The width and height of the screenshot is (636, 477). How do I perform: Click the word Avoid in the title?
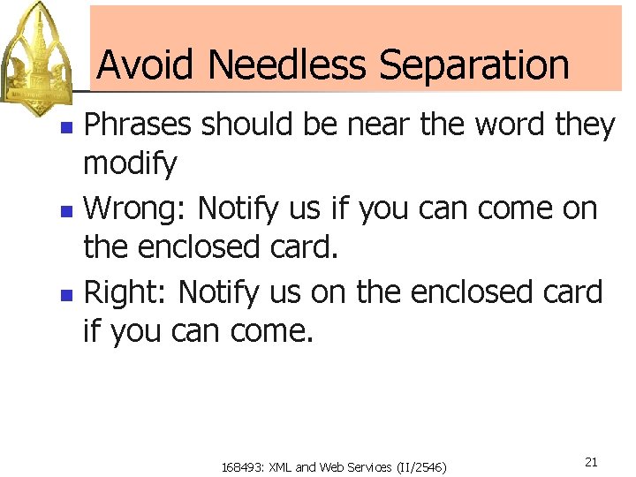coord(147,64)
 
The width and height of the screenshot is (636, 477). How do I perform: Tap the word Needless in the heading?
coord(286,64)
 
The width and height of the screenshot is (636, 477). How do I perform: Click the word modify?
coord(130,163)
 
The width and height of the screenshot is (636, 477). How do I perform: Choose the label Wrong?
coord(135,208)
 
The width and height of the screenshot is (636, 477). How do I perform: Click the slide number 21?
coord(591,462)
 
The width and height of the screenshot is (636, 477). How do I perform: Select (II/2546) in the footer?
coord(422,466)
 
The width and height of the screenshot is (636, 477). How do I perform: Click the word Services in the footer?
coord(372,466)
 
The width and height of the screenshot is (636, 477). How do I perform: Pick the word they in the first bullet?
coord(585,125)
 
